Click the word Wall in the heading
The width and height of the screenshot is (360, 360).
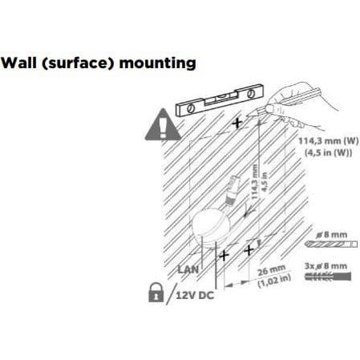(x=18, y=63)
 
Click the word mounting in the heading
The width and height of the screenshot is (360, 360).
(x=158, y=64)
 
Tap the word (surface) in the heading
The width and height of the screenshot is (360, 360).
(x=78, y=63)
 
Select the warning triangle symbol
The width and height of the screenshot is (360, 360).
(x=163, y=124)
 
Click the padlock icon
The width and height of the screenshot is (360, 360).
(x=156, y=292)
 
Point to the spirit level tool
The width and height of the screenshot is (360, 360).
(x=220, y=100)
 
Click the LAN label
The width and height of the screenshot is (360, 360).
(x=188, y=269)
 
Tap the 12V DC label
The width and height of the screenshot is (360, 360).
(x=195, y=295)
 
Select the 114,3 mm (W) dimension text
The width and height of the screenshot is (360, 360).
(x=329, y=141)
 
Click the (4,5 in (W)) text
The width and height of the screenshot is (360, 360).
(x=328, y=153)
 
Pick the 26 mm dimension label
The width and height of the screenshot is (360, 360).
(x=271, y=271)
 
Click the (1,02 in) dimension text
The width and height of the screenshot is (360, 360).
(x=274, y=281)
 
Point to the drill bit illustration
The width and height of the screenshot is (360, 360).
(x=331, y=244)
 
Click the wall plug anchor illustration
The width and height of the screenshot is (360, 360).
(x=328, y=277)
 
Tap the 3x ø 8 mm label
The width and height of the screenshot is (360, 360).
(x=326, y=266)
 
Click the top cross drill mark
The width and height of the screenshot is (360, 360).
(x=237, y=123)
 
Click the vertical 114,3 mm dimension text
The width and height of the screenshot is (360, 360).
(x=254, y=182)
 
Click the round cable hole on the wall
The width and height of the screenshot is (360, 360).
(x=211, y=228)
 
